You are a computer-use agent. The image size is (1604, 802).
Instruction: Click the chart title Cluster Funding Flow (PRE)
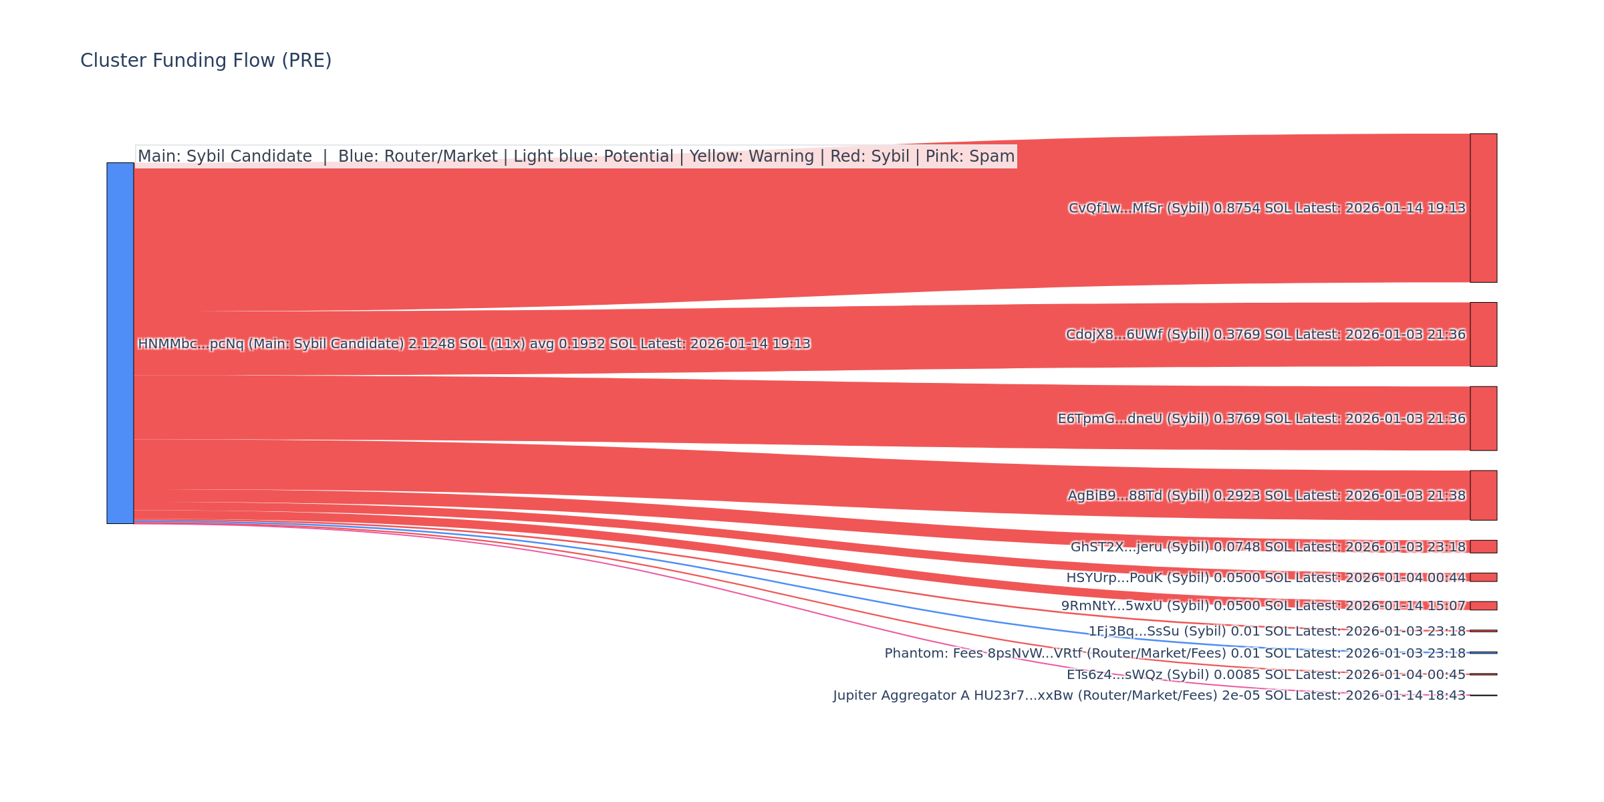click(x=206, y=61)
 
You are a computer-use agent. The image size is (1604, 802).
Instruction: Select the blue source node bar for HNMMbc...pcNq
click(x=120, y=343)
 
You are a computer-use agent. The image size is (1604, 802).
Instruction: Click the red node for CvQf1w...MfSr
click(x=1483, y=208)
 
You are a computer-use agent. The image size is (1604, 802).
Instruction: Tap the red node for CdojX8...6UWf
click(x=1483, y=334)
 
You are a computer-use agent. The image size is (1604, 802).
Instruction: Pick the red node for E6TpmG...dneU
click(x=1483, y=418)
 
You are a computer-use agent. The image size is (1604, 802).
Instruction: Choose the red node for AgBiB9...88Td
click(x=1483, y=495)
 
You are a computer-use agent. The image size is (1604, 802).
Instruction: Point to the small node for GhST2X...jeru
click(x=1483, y=547)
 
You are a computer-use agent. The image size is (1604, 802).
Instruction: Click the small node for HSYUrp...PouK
click(x=1483, y=577)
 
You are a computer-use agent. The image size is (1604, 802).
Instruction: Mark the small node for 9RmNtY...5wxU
click(x=1483, y=606)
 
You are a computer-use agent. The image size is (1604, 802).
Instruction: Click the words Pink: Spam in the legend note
click(x=970, y=156)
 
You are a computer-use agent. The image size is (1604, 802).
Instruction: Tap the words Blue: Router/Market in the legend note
click(x=418, y=156)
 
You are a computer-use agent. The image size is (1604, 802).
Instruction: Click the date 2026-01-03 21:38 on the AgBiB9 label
click(x=1405, y=496)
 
